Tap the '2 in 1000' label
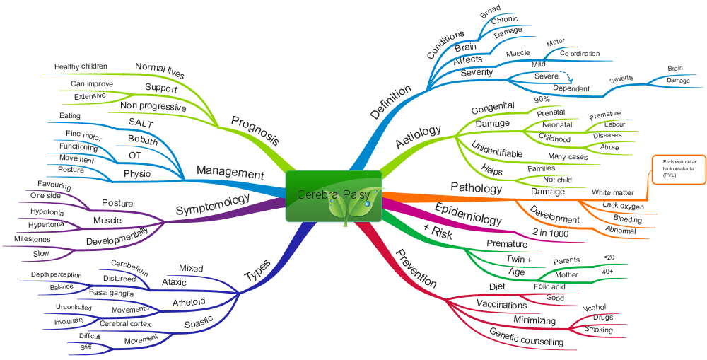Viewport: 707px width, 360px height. [x=549, y=233]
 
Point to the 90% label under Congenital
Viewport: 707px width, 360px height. [x=542, y=100]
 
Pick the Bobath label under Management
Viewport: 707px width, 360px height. [x=142, y=139]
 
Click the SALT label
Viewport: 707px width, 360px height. [x=141, y=123]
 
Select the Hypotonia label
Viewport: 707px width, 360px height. [x=47, y=211]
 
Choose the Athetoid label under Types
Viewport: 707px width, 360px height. [x=189, y=303]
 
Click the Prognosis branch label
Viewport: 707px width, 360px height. [x=255, y=132]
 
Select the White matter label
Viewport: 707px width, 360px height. [x=612, y=192]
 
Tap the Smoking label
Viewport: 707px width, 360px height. [x=598, y=330]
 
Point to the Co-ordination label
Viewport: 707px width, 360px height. [x=579, y=54]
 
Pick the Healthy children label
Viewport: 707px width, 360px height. [x=81, y=66]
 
